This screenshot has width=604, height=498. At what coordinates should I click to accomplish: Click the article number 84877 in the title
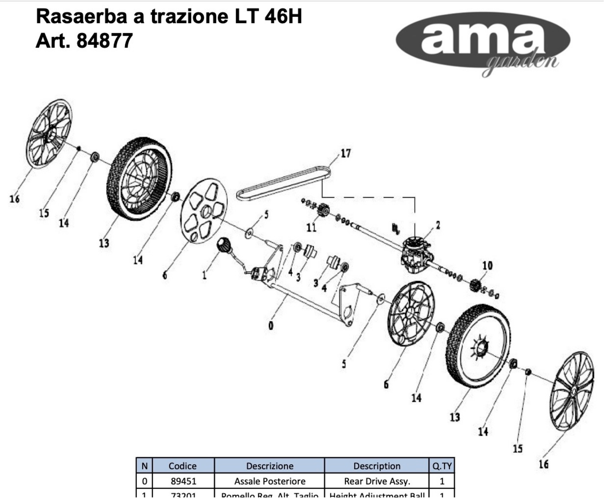[105, 41]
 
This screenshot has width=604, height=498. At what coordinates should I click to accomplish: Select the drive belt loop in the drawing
[284, 184]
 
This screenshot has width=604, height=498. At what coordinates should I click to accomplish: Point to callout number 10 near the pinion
[487, 266]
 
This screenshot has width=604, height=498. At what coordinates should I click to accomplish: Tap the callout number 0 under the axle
[271, 326]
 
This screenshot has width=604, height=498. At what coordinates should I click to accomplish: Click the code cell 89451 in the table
[183, 481]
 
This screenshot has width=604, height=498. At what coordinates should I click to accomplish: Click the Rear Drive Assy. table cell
[377, 481]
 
